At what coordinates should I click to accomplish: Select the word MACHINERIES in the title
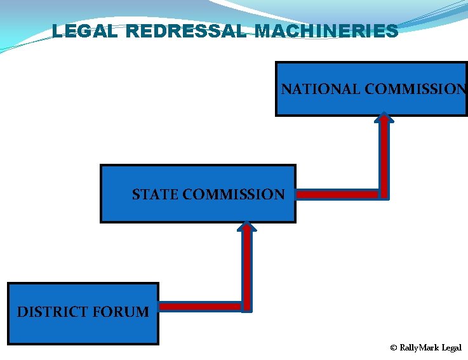pos(326,30)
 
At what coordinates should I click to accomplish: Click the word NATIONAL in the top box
pos(321,89)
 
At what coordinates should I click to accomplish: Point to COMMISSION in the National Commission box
pos(415,89)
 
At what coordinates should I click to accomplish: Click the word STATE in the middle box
pos(155,194)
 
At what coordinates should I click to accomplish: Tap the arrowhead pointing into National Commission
pos(384,117)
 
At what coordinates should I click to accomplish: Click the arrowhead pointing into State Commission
pos(246,225)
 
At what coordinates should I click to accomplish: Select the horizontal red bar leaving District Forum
pos(199,307)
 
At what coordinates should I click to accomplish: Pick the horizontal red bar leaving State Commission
pos(337,194)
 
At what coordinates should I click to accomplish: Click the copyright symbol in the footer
pos(394,348)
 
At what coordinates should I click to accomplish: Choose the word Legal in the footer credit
pos(452,348)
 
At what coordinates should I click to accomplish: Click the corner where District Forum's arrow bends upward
pos(246,307)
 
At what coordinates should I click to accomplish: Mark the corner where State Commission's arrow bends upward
pos(384,194)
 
